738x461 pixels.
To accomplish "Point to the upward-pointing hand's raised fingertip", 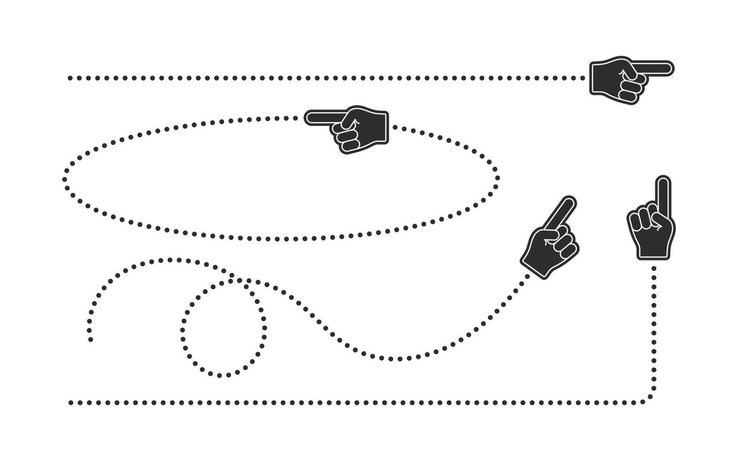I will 663,181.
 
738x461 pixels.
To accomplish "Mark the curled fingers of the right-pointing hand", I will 629,89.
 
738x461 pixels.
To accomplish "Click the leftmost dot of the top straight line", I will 70,78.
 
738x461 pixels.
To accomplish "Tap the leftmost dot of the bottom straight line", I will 70,403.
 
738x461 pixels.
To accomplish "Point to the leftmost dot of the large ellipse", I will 65,179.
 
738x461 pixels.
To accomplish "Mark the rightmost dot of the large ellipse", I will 497,179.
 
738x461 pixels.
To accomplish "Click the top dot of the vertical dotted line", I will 654,268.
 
